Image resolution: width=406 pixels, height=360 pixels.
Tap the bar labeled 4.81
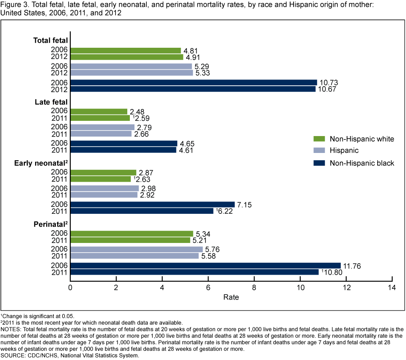125,51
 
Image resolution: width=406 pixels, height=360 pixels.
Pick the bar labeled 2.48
99,112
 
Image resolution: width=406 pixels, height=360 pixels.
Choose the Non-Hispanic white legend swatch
319,139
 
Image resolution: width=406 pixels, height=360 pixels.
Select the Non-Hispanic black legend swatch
319,163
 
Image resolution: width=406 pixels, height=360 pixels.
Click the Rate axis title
231,297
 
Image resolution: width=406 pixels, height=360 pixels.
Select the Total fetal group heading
50,41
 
